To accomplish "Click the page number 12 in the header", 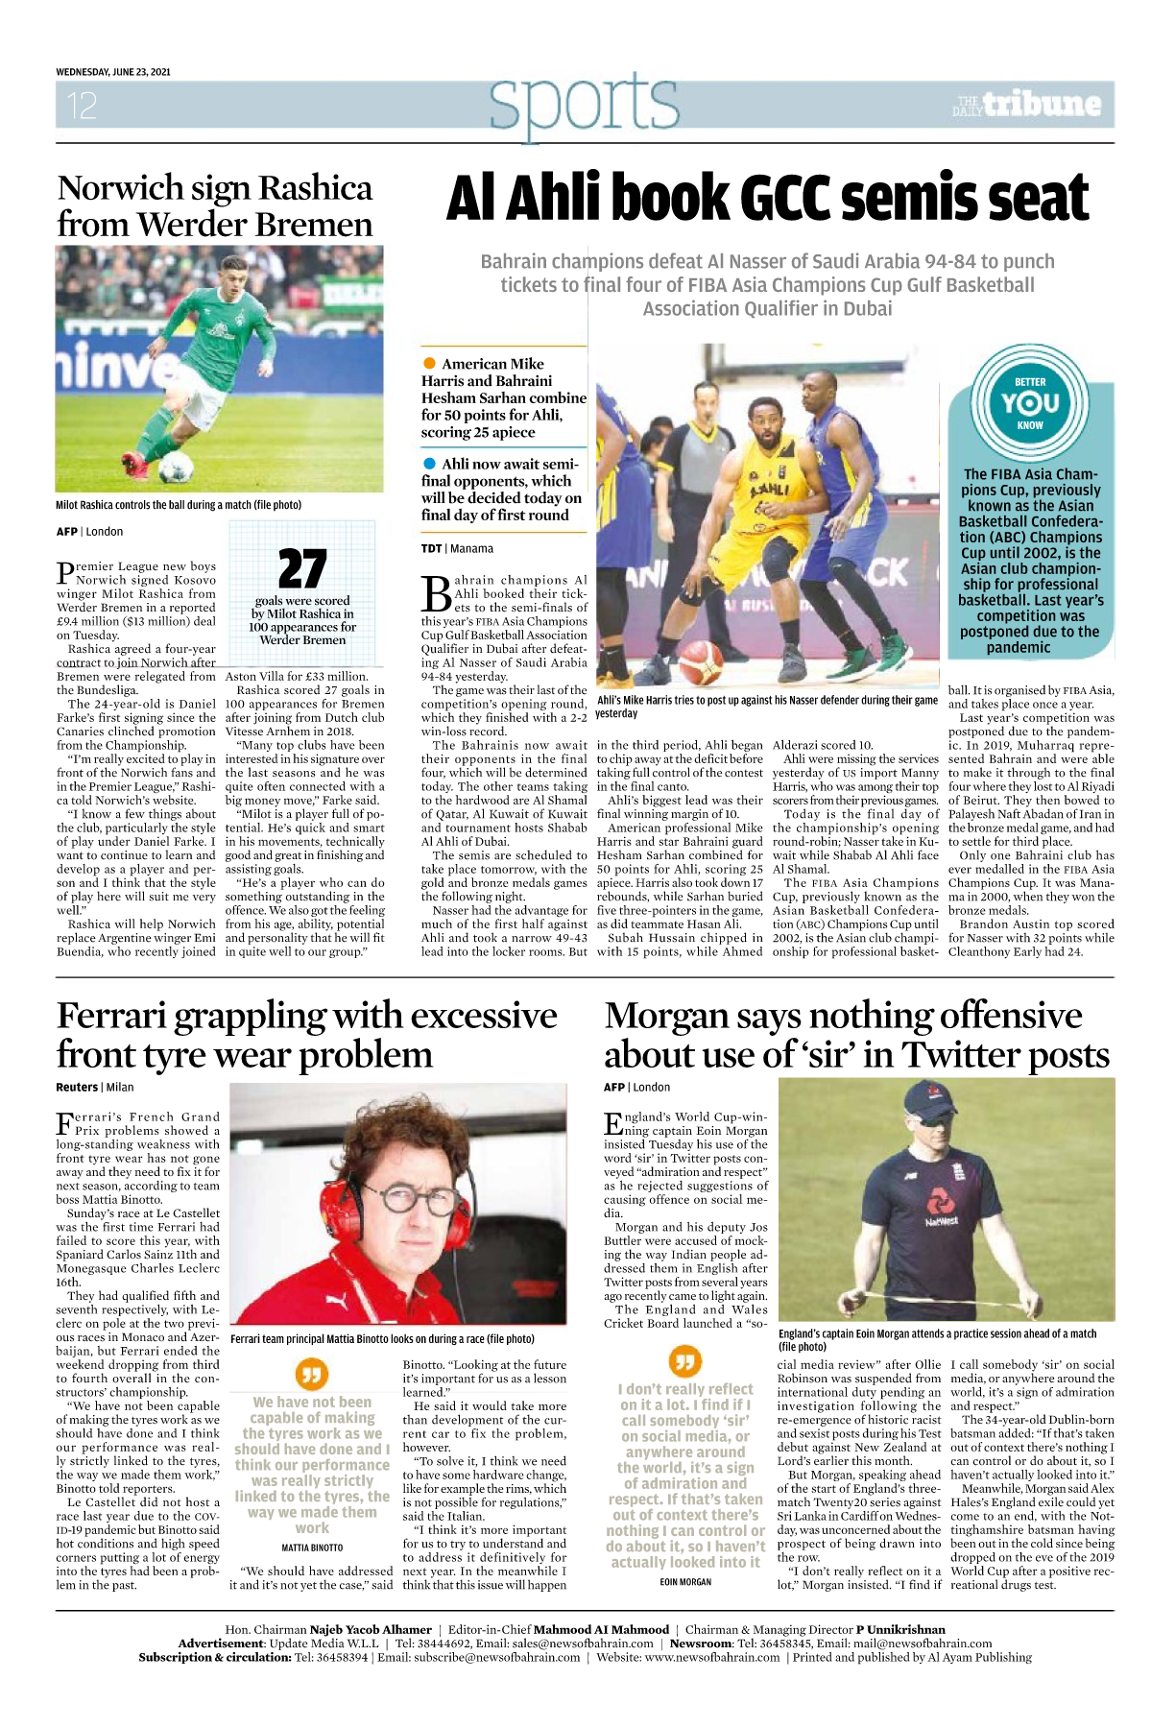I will (82, 106).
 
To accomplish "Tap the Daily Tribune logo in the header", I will (1027, 104).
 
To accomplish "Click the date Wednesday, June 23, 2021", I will (113, 72).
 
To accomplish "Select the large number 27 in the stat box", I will (302, 568).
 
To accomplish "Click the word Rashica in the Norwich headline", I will (315, 188).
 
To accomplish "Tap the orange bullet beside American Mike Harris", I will (429, 364).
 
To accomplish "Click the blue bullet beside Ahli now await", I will (429, 464).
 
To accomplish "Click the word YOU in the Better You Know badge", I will (1030, 403).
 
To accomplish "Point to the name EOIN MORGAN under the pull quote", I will (685, 1581).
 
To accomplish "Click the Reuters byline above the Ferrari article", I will (77, 1088).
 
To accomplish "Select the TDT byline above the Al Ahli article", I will (431, 549).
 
